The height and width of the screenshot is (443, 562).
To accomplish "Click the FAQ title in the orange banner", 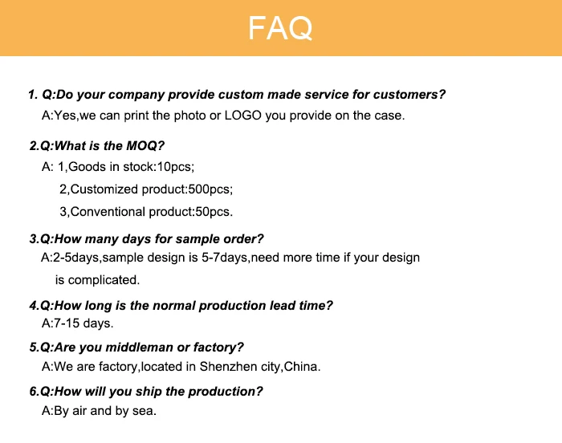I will click(x=280, y=28).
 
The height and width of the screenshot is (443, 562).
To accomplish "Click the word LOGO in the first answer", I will click(x=242, y=116).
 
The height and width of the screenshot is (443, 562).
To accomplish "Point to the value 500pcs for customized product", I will click(x=209, y=190).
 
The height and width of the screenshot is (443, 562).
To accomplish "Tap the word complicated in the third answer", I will click(x=104, y=280).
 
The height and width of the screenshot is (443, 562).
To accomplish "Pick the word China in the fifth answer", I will click(x=303, y=367).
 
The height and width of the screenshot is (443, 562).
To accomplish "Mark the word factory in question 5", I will click(x=222, y=347).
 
